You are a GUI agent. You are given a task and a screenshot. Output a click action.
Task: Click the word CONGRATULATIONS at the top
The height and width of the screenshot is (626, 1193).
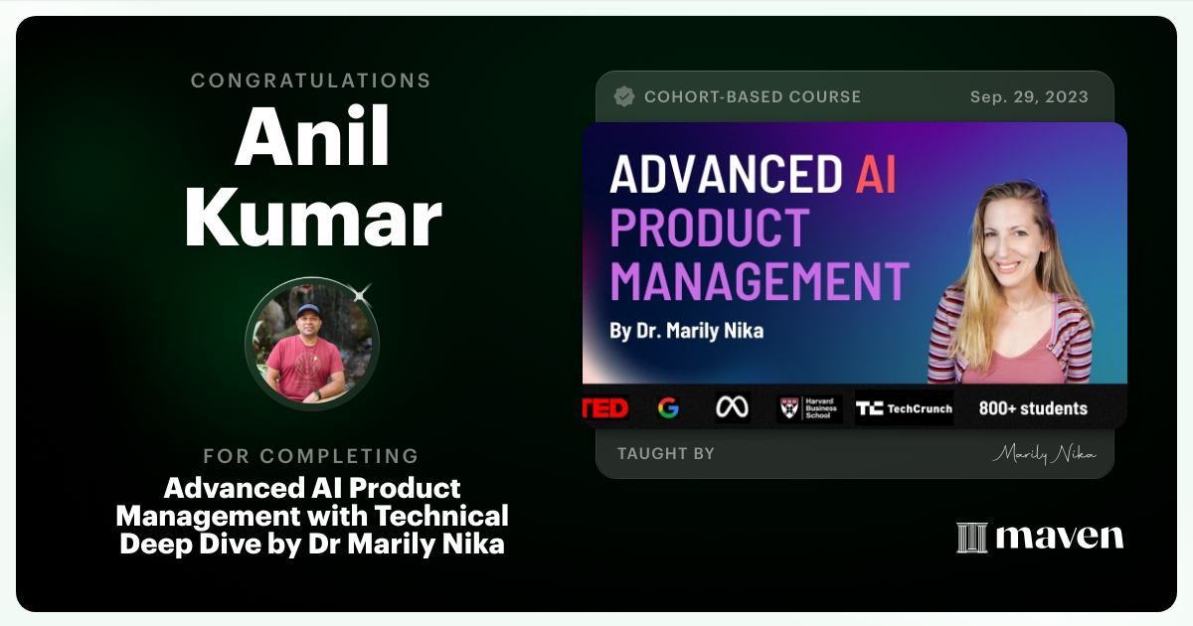(311, 80)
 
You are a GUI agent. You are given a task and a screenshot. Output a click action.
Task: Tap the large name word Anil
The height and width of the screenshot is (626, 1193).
(312, 137)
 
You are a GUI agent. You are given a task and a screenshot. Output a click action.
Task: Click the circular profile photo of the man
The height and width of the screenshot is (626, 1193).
(312, 344)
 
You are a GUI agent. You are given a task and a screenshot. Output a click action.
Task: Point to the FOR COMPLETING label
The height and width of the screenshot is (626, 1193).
(311, 456)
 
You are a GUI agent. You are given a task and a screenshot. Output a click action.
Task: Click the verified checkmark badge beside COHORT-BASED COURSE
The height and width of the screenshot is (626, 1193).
(624, 96)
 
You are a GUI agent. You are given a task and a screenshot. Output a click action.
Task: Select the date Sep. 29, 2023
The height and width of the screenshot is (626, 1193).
(1029, 96)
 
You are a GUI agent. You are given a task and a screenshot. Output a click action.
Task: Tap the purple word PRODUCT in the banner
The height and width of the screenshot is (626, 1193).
(709, 228)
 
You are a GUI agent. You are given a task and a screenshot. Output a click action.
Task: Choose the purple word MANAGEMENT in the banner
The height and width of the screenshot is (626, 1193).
(759, 280)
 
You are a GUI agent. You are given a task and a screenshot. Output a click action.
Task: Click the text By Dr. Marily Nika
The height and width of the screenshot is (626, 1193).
(686, 331)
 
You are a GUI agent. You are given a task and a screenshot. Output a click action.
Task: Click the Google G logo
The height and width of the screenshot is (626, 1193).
(668, 408)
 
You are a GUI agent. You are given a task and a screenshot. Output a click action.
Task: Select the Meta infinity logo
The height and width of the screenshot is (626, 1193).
(733, 408)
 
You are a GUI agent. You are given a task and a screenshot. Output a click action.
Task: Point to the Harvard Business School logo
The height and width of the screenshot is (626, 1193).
(809, 408)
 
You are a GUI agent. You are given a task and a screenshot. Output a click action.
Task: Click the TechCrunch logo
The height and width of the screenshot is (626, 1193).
(904, 408)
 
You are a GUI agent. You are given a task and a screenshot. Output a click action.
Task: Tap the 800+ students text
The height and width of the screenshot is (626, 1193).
(1033, 408)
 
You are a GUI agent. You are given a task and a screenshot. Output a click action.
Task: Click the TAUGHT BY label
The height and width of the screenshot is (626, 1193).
(666, 453)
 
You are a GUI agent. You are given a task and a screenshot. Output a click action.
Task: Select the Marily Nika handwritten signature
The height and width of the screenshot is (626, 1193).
(1044, 454)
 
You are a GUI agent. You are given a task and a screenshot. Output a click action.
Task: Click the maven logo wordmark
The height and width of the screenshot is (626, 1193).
(1040, 537)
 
